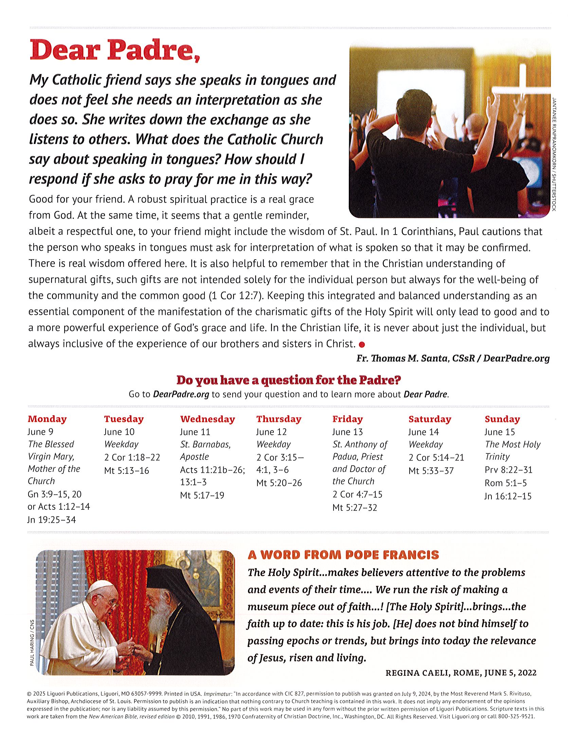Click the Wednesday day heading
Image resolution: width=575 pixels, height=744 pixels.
point(207,419)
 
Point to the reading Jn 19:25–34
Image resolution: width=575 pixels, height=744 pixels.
point(52,520)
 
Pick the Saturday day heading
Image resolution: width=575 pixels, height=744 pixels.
point(430,419)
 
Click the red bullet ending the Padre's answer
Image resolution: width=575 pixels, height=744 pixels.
point(362,345)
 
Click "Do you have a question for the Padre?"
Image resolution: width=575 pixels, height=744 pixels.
point(288,380)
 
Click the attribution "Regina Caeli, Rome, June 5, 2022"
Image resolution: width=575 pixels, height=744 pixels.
point(461,673)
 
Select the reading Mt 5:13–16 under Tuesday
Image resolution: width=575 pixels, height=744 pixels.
point(126,471)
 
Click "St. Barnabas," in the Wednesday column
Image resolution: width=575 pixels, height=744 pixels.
point(205,445)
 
